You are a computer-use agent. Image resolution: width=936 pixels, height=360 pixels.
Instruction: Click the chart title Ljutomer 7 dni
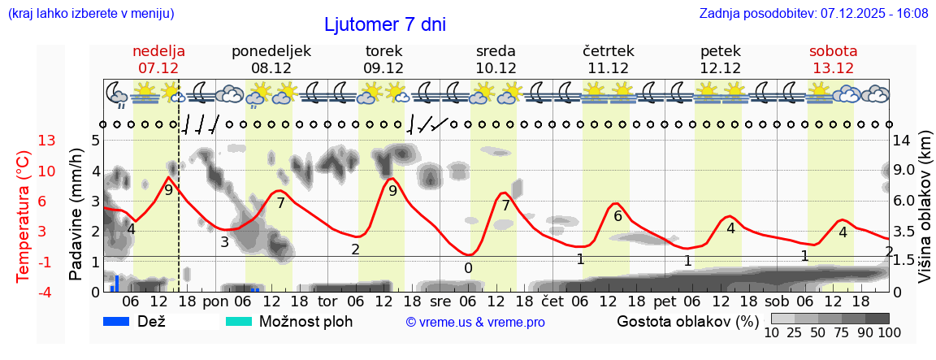385,24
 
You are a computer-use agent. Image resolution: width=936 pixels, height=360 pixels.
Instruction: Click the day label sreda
496,51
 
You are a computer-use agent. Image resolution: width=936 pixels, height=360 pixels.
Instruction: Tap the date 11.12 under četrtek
608,68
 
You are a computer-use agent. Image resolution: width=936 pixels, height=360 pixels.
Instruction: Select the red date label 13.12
833,68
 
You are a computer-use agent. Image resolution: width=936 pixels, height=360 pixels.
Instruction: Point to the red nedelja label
158,51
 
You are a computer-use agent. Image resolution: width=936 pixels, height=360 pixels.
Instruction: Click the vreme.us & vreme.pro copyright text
475,322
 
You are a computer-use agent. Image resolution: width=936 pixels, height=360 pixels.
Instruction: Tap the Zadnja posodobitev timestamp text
813,14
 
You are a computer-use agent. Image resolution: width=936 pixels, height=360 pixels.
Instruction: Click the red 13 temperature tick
47,141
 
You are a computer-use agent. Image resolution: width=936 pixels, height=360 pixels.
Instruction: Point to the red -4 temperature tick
47,291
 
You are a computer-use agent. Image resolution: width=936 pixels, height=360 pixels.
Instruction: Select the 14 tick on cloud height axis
903,141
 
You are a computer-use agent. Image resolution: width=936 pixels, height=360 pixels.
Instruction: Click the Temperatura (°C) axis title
24,216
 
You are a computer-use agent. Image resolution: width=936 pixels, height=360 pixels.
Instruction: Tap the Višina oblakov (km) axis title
925,216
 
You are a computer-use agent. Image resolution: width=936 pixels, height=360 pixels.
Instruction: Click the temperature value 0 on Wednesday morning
468,267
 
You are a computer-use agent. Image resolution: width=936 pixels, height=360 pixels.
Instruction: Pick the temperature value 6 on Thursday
617,216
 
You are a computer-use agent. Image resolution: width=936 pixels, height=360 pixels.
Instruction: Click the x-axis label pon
215,301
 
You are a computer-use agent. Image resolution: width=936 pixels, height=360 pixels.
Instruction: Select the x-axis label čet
552,301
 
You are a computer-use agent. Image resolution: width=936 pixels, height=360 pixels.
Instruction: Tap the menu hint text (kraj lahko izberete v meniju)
90,14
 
